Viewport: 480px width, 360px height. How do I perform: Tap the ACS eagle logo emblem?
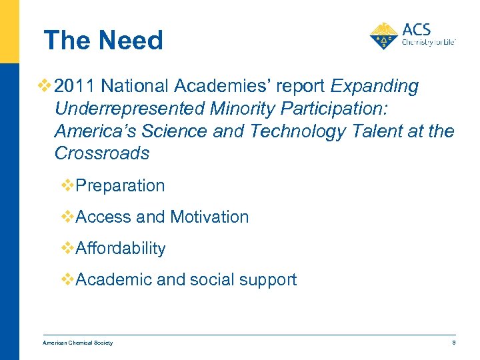[x=384, y=36]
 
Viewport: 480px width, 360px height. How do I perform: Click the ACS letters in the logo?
[x=417, y=30]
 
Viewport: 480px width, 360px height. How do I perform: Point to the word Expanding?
[x=375, y=87]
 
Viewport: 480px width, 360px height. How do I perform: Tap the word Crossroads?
[x=102, y=153]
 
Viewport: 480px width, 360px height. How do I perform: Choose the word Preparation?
[x=121, y=185]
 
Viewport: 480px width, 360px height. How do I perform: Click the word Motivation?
[x=209, y=217]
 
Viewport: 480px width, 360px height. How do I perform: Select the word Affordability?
[x=121, y=249]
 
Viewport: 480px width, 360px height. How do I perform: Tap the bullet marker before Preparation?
[x=68, y=185]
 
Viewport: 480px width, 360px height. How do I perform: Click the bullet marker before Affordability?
[x=68, y=248]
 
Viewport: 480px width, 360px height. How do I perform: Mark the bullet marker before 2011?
[x=45, y=87]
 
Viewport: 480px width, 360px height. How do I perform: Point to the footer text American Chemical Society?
[x=77, y=343]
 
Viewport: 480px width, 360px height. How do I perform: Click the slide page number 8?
[x=453, y=343]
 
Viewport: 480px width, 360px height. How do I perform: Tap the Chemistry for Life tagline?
[x=428, y=41]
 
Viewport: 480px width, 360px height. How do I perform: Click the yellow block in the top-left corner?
[x=9, y=31]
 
